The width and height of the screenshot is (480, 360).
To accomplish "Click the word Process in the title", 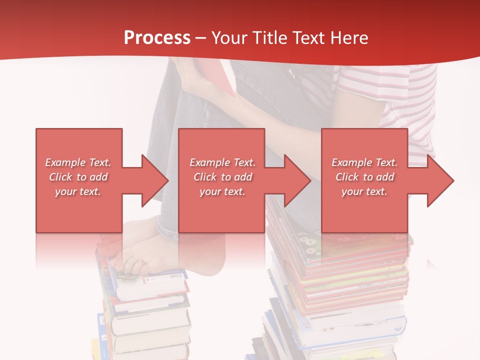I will coord(157,37).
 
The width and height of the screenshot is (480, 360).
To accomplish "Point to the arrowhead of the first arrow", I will coord(155,180).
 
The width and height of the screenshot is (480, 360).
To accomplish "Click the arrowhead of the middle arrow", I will coord(298,180).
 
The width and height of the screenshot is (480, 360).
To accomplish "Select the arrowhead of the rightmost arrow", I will coord(440,180).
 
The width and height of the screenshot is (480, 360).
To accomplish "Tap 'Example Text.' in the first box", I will coord(78,162).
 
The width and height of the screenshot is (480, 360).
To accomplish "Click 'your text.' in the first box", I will coord(78,191).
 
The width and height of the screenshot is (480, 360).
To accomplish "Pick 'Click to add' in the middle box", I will coord(222,177).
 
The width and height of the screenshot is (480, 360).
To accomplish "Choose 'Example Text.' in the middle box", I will coord(222,162).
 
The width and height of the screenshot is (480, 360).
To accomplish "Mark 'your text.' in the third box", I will coord(364,191).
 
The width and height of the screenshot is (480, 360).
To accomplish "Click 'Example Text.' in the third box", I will coord(364,162).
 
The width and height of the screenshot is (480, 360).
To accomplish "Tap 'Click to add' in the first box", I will coord(78,177).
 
